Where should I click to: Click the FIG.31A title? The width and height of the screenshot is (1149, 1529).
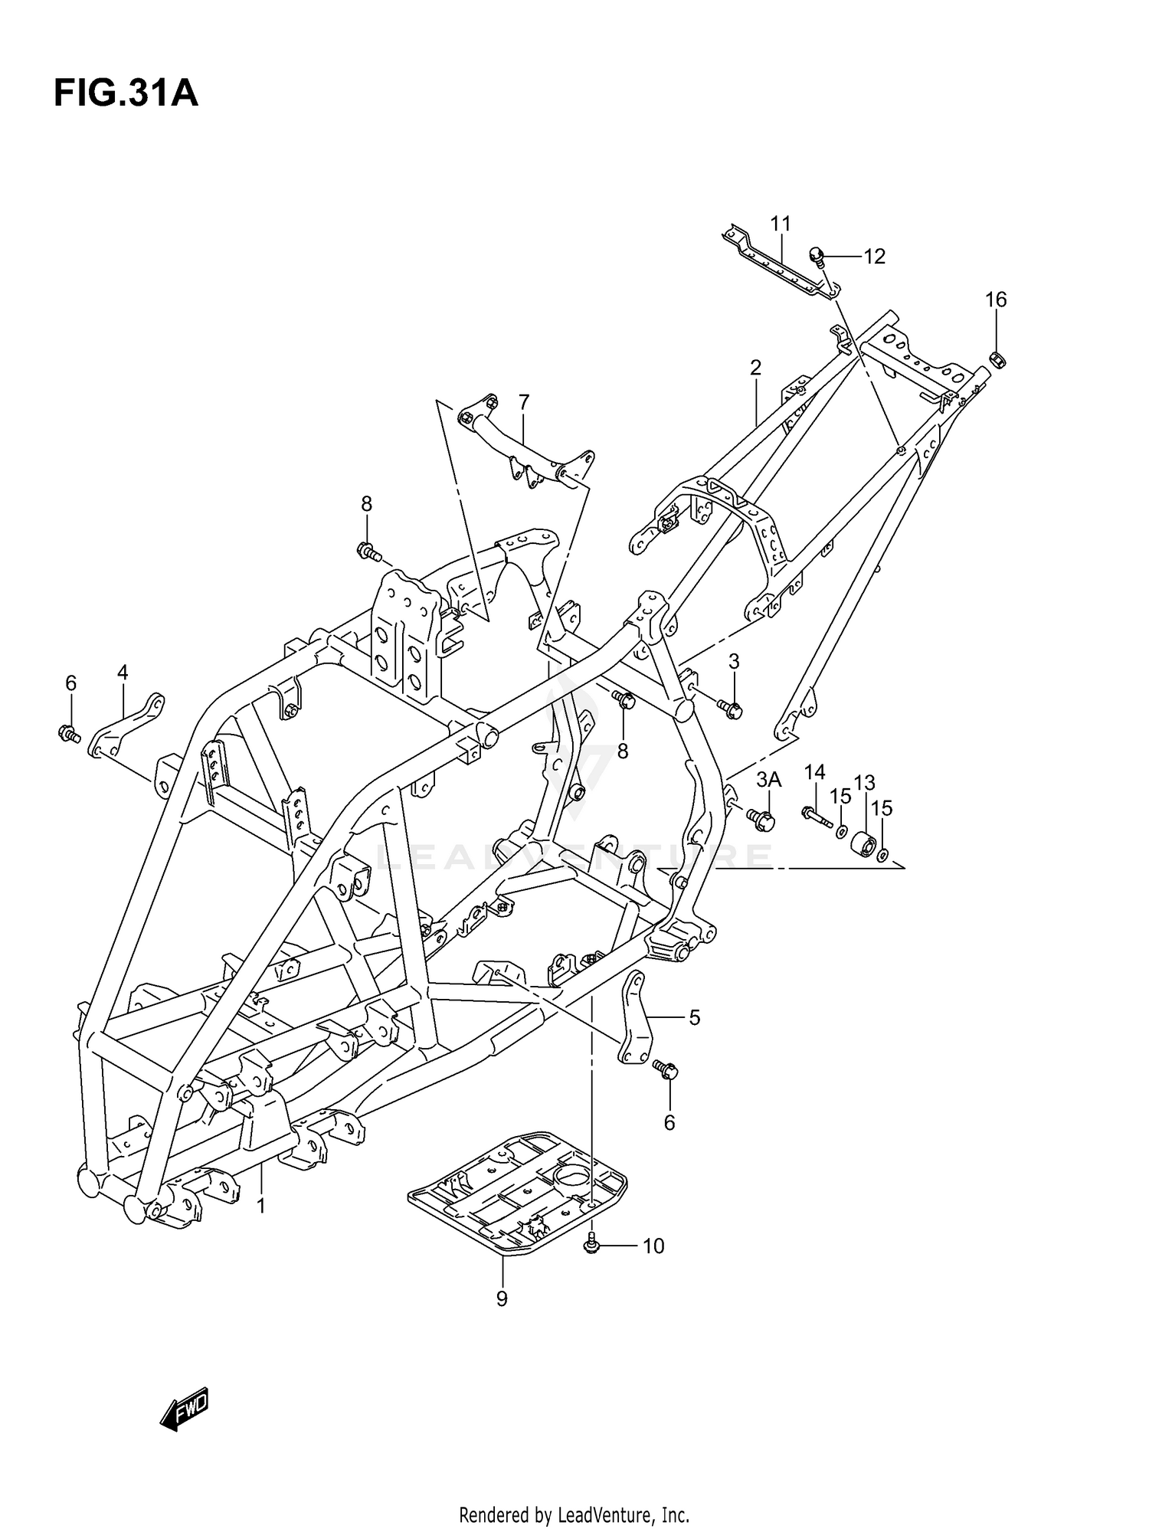126,94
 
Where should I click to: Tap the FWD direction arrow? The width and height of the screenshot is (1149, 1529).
185,1408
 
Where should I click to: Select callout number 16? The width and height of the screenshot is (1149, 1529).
996,300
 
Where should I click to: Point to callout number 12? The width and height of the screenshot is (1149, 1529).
874,257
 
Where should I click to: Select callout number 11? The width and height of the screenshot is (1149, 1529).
781,224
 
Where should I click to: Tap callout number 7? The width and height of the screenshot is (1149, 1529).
524,402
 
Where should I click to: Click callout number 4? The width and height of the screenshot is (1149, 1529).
123,673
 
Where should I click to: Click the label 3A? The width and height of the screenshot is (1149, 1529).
768,780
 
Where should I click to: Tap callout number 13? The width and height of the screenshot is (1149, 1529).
864,782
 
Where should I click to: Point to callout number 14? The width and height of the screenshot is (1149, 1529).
815,771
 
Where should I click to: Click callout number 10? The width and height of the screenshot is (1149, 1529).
653,1246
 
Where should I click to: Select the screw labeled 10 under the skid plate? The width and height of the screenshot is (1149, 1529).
591,1245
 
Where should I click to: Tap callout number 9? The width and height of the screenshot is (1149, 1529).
502,1299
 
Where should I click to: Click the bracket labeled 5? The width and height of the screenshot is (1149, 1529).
635,1018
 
